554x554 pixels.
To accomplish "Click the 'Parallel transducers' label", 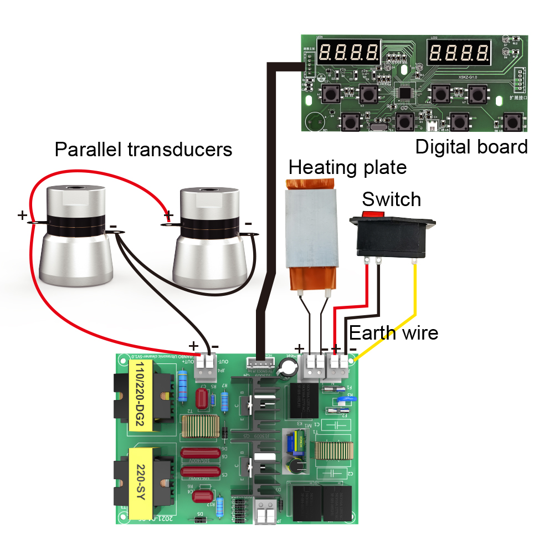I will [143, 149].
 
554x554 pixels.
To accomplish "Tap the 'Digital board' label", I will [471, 147].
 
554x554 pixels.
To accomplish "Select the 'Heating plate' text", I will [347, 167].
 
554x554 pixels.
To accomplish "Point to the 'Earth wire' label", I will [393, 332].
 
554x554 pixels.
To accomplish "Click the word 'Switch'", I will [391, 199].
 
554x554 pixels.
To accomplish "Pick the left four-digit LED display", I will [350, 53].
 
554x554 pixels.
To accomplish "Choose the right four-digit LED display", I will [459, 53].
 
